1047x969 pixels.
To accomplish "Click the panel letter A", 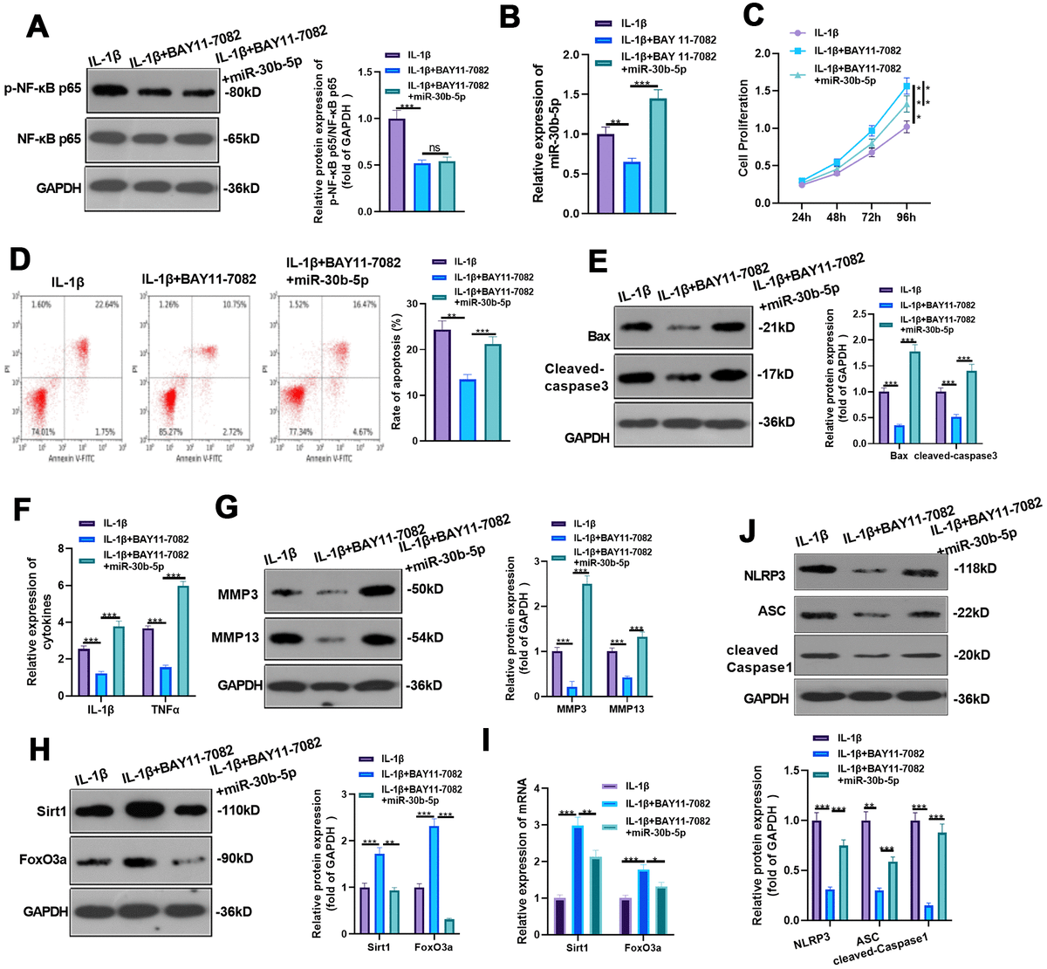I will click(37, 25).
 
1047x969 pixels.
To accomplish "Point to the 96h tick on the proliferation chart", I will click(906, 216).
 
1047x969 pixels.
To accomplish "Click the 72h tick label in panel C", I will click(871, 216).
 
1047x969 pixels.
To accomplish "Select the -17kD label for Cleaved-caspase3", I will click(775, 374).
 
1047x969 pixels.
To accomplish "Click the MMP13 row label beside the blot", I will click(236, 638).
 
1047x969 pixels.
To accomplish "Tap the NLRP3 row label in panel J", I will click(765, 576).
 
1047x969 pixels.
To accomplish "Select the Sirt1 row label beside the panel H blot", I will click(36, 810).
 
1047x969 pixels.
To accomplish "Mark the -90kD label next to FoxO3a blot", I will click(234, 858).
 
